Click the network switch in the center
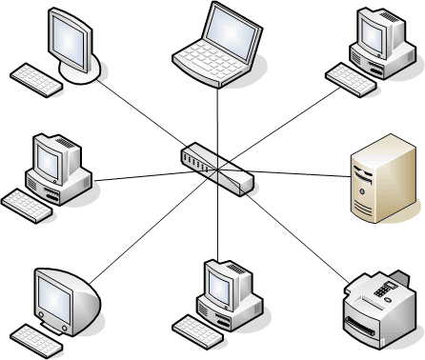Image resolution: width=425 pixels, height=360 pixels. [216, 169]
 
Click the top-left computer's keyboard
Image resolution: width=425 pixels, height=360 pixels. [36, 78]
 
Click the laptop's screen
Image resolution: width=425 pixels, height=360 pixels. [230, 29]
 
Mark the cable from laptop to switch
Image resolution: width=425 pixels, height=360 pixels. [217, 119]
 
